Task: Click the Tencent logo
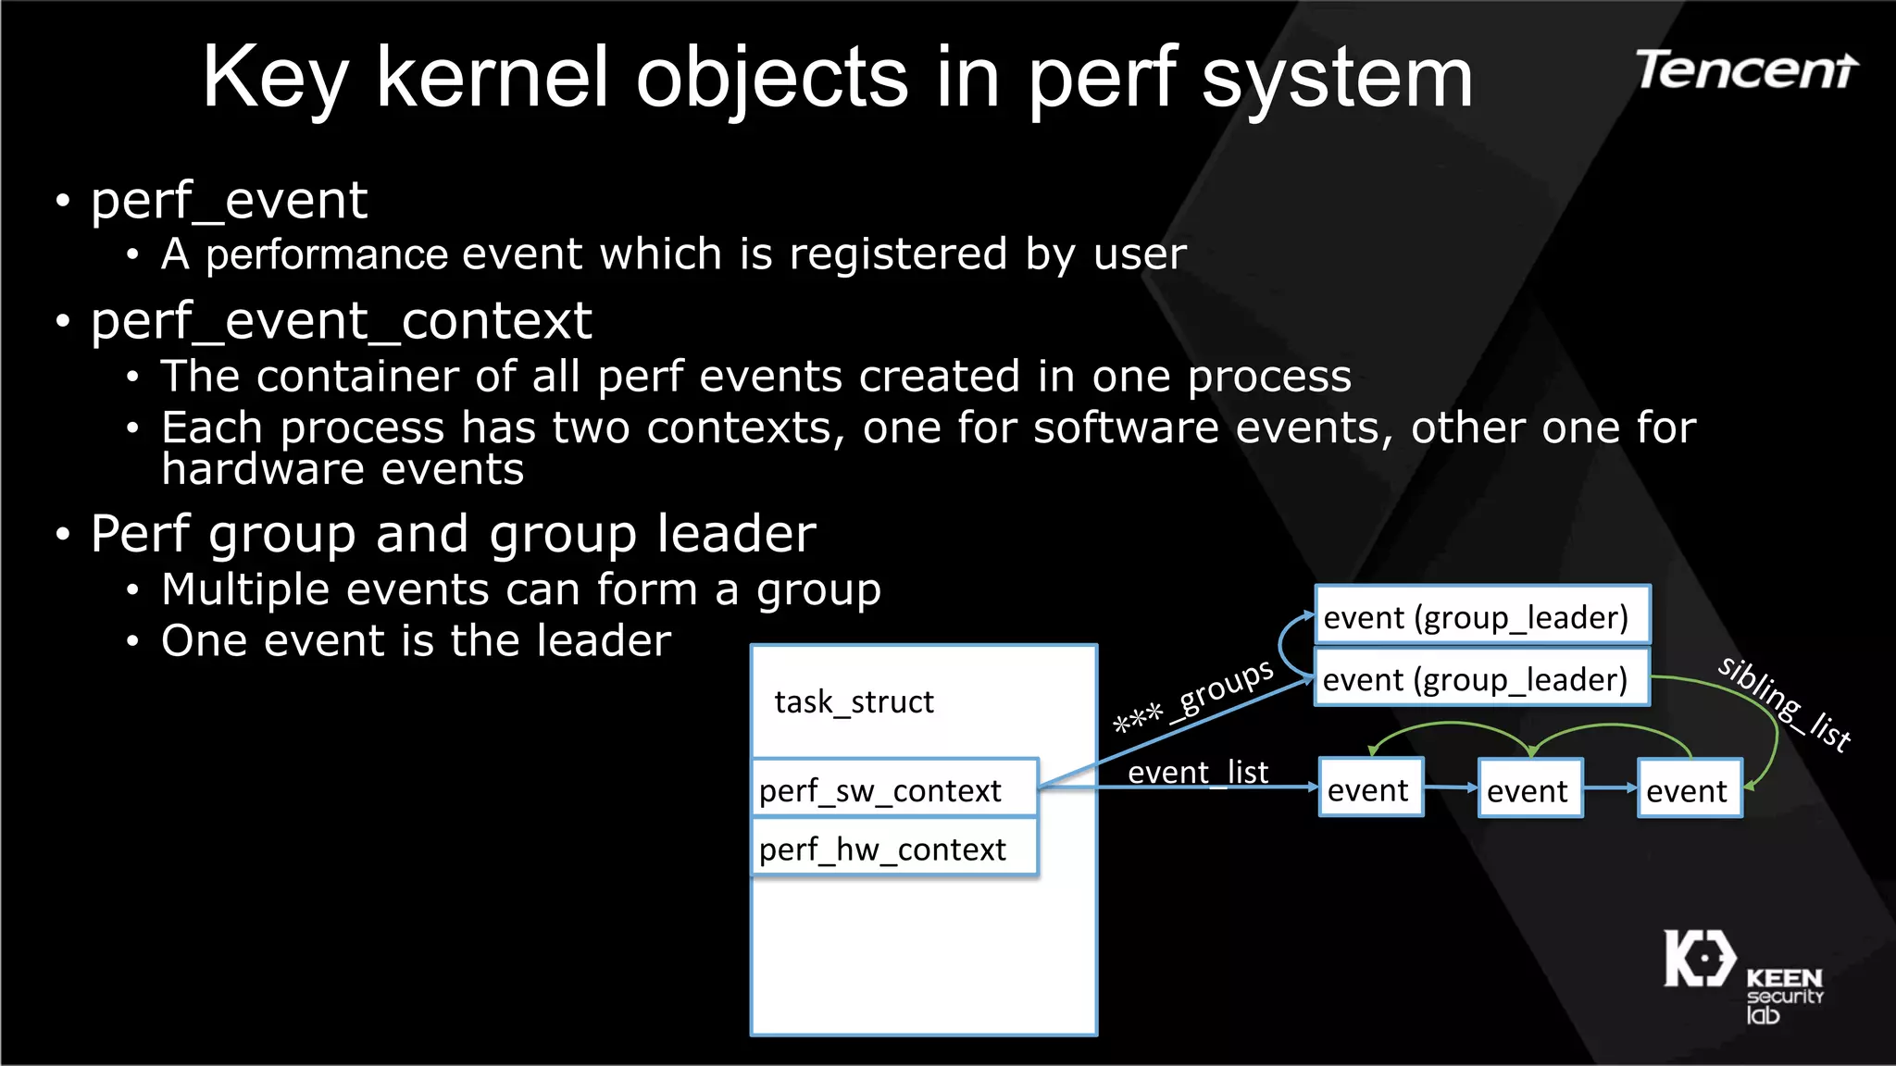point(1746,70)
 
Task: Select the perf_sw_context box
point(894,789)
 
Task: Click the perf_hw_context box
point(894,849)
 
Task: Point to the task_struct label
point(854,702)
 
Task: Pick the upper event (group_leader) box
point(1481,616)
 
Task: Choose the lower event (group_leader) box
point(1481,679)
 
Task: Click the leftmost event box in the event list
point(1370,789)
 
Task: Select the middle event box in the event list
point(1529,789)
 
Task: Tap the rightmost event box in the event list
point(1689,789)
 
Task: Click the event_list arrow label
point(1197,772)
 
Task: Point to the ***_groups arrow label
point(1194,696)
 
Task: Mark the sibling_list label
point(1784,703)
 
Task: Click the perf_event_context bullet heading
point(341,322)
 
